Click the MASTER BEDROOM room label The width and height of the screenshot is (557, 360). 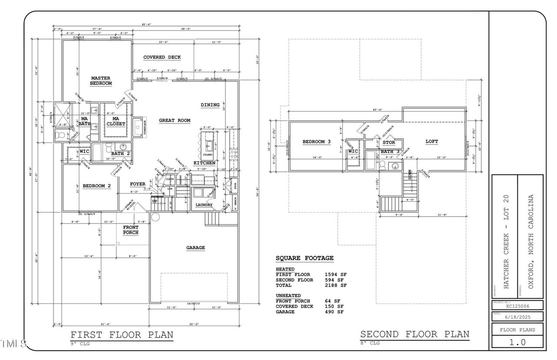[x=101, y=81]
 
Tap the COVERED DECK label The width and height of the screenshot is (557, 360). [x=162, y=57]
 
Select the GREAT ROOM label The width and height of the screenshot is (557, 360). [x=174, y=120]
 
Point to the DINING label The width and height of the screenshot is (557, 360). [x=210, y=105]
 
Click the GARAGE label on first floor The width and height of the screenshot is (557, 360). [x=195, y=248]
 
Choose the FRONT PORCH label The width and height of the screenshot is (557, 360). [x=131, y=230]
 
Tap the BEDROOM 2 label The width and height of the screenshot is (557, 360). [x=97, y=186]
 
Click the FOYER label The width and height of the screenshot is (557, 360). [x=138, y=184]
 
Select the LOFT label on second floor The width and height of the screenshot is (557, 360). [x=432, y=142]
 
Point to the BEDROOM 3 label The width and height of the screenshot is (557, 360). [x=317, y=142]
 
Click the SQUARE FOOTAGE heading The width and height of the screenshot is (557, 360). [x=305, y=258]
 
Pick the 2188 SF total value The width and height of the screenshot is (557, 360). [x=336, y=286]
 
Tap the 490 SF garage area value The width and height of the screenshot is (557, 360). [x=334, y=312]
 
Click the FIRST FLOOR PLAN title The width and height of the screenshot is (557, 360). [x=122, y=335]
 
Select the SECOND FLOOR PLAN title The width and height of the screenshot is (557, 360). [x=415, y=334]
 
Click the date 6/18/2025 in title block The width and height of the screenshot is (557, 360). [x=517, y=317]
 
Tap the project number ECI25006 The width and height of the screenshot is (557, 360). [x=517, y=306]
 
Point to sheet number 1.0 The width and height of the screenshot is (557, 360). [x=517, y=342]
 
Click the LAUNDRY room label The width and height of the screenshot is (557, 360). [x=204, y=205]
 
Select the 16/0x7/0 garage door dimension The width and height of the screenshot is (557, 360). [x=193, y=303]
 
